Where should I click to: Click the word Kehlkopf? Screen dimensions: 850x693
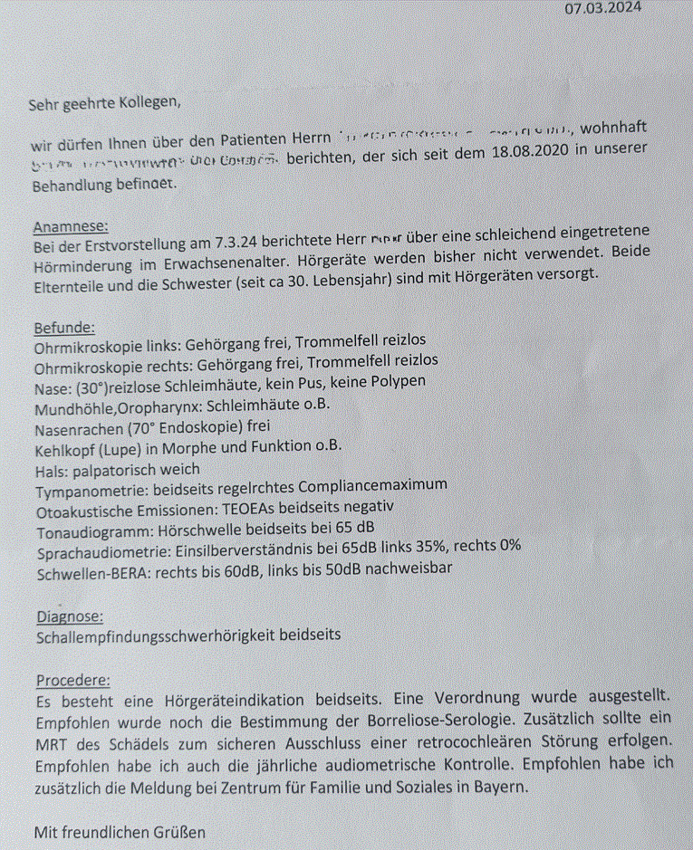(x=64, y=447)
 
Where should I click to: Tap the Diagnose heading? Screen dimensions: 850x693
(x=68, y=616)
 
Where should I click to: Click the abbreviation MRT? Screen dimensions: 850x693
(x=53, y=744)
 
